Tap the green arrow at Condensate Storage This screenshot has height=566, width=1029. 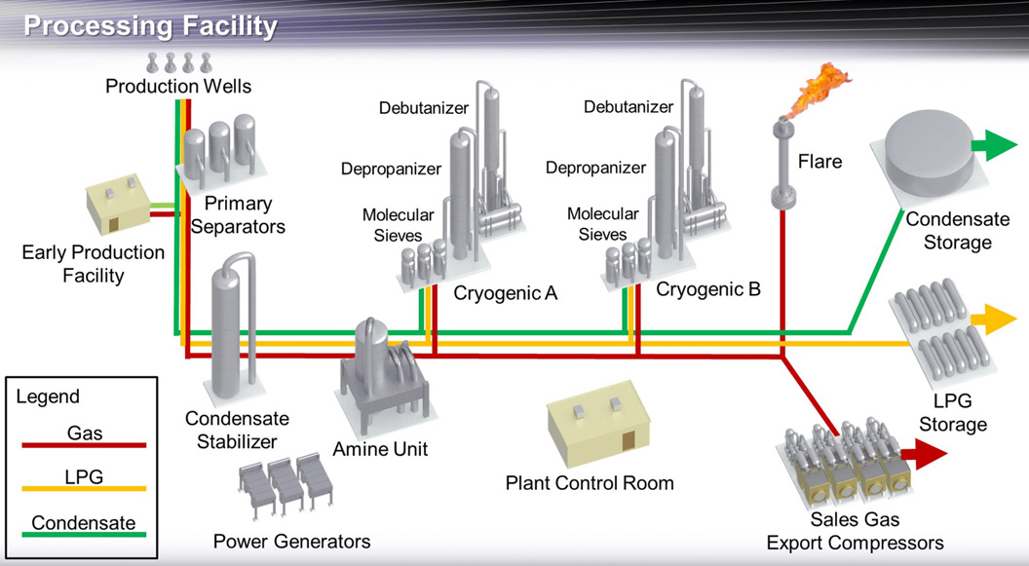(995, 147)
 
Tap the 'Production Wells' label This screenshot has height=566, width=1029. (178, 87)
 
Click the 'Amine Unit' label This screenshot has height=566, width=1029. (379, 449)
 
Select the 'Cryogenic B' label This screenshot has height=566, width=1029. (708, 288)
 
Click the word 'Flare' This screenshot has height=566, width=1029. (819, 161)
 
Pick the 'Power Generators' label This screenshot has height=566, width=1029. (292, 542)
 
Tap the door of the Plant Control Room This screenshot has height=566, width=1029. (629, 439)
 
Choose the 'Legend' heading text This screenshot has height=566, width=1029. (48, 396)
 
